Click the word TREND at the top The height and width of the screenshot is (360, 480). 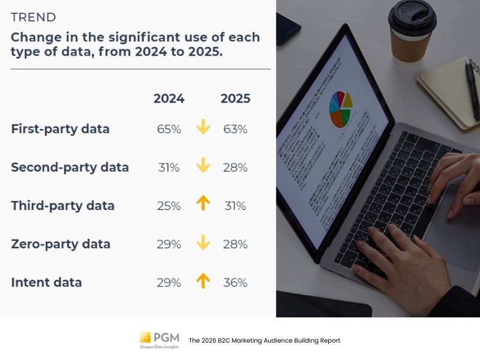point(34,17)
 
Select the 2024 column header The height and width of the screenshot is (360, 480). point(169,99)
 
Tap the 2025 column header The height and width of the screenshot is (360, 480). point(235,99)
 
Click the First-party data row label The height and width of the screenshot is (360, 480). point(60,129)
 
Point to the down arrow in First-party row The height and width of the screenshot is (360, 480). point(203,127)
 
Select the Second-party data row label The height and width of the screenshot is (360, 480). point(70,167)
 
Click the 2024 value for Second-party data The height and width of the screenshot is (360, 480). point(169,167)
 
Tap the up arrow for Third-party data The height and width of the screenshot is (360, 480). point(203,204)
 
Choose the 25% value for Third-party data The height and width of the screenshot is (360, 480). point(169,206)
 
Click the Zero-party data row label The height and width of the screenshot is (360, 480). point(61,244)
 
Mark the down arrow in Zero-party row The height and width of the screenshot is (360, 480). point(203,242)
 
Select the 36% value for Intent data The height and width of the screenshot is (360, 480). point(235,283)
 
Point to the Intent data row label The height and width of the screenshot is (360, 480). point(46,283)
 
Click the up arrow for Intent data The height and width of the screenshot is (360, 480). point(203,281)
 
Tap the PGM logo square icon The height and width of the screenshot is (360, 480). point(145,337)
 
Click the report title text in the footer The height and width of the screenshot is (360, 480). point(264,340)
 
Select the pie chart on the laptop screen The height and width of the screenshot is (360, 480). point(340,108)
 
